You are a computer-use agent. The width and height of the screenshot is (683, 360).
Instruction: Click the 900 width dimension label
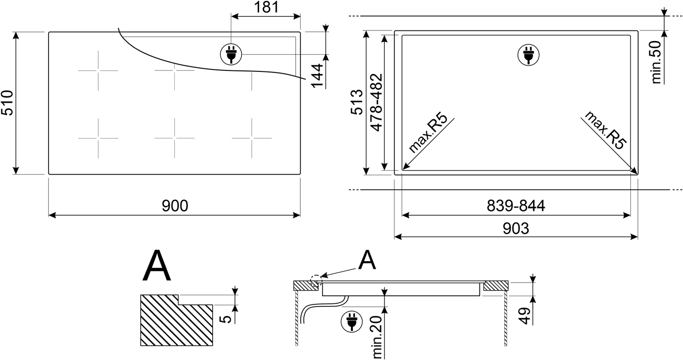[x=175, y=206]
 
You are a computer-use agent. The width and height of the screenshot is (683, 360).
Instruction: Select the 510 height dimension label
[x=7, y=103]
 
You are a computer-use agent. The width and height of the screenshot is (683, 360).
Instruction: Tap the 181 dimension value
[x=266, y=7]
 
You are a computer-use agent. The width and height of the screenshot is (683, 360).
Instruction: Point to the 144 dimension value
[x=317, y=75]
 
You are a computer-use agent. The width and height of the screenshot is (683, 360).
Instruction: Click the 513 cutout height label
[x=357, y=102]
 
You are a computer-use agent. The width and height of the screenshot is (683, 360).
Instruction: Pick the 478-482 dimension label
[x=376, y=102]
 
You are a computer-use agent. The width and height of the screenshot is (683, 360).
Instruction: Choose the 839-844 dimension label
[x=515, y=206]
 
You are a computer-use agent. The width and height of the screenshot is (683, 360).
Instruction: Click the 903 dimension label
[x=515, y=229]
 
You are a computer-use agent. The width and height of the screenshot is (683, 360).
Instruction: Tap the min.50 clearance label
[x=657, y=62]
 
